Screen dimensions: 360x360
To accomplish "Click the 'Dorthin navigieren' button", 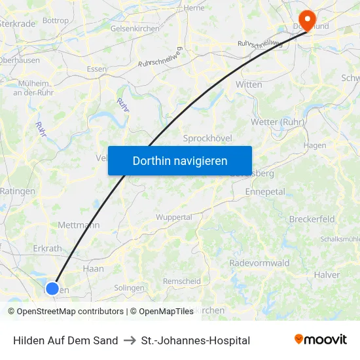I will (x=180, y=160).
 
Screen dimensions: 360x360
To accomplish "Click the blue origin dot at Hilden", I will (x=52, y=288).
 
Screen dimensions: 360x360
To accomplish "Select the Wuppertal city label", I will (x=173, y=217).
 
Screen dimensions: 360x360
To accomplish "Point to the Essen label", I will (x=96, y=69).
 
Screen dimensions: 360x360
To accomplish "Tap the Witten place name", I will (x=249, y=84).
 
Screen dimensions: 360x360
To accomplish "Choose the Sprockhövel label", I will (x=207, y=138).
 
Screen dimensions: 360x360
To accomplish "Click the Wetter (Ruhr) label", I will (x=278, y=122).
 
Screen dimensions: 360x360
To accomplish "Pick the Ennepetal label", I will (x=264, y=192).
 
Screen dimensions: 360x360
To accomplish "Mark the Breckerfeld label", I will (x=312, y=219).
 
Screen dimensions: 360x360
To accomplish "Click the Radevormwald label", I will (x=259, y=262).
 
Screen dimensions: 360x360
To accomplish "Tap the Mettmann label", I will (x=79, y=225).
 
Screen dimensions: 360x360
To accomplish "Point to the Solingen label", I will (x=129, y=288).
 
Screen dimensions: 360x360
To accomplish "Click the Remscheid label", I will (x=181, y=281).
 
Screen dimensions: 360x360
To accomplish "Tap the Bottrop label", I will (x=55, y=21).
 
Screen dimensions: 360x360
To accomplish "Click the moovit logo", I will (x=321, y=340).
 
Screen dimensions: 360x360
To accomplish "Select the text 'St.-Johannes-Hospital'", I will (x=195, y=340).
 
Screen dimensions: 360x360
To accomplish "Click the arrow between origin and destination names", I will (x=129, y=340).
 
